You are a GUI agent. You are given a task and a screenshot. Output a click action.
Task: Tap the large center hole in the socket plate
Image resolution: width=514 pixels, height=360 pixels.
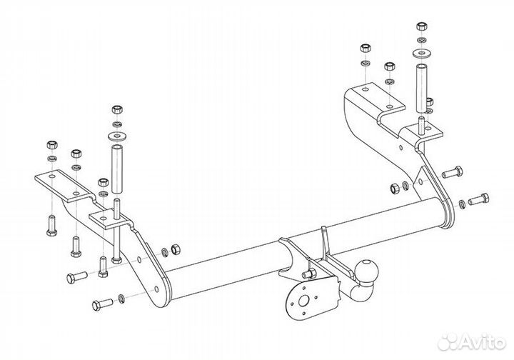tap(304, 301)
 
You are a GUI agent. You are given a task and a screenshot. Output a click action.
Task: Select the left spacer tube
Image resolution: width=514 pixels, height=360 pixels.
tap(117, 169)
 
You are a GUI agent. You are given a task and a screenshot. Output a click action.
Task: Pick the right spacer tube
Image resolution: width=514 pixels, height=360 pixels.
tap(422, 89)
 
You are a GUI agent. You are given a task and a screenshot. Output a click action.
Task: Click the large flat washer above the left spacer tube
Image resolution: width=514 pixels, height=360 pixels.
tap(117, 136)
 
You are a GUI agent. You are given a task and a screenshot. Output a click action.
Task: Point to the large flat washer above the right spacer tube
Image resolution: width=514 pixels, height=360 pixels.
tap(422, 53)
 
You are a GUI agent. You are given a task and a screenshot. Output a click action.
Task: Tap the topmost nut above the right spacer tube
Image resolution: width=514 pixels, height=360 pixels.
tap(422, 26)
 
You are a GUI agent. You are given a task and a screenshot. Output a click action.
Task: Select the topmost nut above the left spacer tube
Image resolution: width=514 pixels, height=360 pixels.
tap(117, 109)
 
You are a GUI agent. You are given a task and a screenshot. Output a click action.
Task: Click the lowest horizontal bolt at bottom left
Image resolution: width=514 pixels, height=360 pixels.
tap(103, 304)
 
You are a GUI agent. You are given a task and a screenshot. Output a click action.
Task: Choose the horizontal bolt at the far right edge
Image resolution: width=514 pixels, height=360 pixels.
tap(479, 199)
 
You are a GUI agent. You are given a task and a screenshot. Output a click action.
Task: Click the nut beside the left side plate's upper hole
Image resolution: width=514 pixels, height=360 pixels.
tap(176, 249)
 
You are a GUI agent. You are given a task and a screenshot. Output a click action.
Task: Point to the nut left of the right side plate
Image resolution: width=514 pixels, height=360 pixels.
tap(395, 189)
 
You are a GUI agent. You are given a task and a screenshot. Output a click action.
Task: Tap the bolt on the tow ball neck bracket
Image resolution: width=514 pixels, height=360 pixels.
tap(308, 274)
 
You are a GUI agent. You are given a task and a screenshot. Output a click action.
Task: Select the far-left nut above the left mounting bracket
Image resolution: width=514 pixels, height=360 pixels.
tap(52, 144)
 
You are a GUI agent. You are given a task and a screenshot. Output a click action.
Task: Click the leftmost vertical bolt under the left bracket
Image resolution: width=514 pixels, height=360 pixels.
tap(51, 226)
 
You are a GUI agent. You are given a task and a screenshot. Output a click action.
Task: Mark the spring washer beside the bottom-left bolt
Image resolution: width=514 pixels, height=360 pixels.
tap(121, 299)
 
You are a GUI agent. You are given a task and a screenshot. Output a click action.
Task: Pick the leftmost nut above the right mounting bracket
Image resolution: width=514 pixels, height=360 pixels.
tap(366, 48)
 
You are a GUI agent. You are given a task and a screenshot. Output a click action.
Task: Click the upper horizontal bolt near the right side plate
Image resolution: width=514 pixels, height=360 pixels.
tap(453, 172)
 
